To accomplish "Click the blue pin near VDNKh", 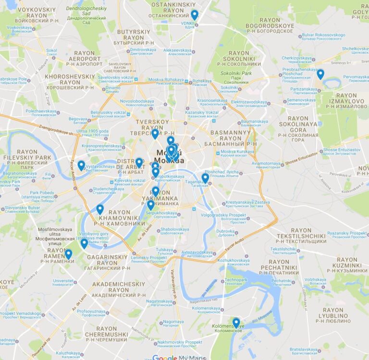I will click(194, 15).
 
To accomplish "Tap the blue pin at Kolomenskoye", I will click(236, 323).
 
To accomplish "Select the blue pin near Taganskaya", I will click(205, 178).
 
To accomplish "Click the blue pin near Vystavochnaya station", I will click(81, 165).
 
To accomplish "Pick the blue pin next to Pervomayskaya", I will click(320, 74).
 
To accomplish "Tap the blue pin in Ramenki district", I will click(68, 253).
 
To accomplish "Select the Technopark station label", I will click(236, 281).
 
